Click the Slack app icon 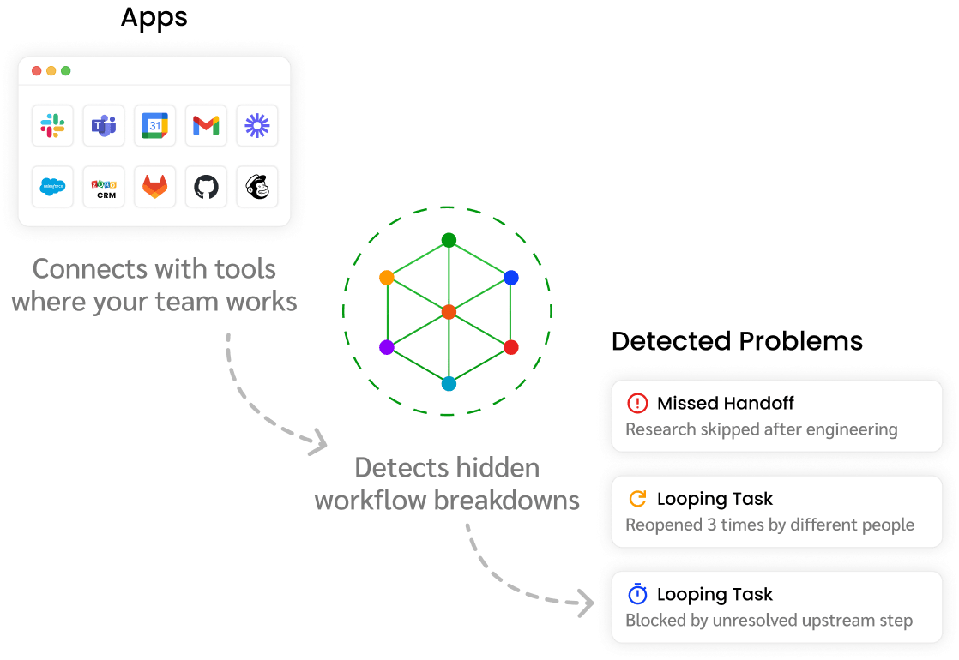(x=52, y=127)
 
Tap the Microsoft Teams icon (x=104, y=127)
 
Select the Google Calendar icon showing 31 (x=154, y=127)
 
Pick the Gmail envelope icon (x=206, y=127)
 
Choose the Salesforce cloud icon (x=52, y=187)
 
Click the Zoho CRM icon (x=104, y=187)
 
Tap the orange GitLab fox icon (x=154, y=187)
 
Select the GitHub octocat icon (x=206, y=187)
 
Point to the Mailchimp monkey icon (x=256, y=187)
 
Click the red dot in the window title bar (x=37, y=71)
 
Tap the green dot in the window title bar (x=66, y=71)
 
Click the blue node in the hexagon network (x=511, y=278)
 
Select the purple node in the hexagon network (x=386, y=347)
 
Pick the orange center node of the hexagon (x=449, y=312)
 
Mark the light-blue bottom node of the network (x=449, y=384)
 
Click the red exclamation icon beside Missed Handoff (x=637, y=403)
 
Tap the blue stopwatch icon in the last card (x=637, y=594)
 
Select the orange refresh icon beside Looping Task (x=637, y=499)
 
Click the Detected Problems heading (x=737, y=341)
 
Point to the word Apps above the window (x=154, y=17)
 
